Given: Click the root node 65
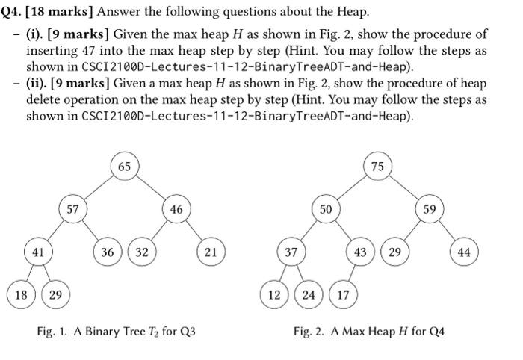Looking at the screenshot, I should tap(124, 166).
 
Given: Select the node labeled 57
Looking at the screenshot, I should tap(72, 209).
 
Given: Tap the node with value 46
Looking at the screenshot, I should tap(176, 209).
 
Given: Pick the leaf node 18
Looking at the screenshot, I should tap(21, 294).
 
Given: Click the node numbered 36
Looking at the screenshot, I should tap(108, 252).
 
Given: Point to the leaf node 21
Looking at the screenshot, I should tap(211, 252).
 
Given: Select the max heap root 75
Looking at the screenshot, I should tap(377, 166).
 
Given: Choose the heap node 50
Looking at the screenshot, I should tap(326, 209).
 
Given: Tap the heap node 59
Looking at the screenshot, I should tap(429, 209).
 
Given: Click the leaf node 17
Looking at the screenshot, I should tap(343, 294).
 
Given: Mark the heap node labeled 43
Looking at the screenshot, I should tap(360, 252).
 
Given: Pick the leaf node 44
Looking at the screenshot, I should tap(464, 252).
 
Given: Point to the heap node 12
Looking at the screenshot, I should tap(274, 294).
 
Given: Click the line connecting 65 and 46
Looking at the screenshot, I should tap(151, 188).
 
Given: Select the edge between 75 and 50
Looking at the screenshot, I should tap(351, 187).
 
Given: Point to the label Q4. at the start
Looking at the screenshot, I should tap(12, 13).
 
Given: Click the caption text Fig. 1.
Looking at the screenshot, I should tap(52, 331).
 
